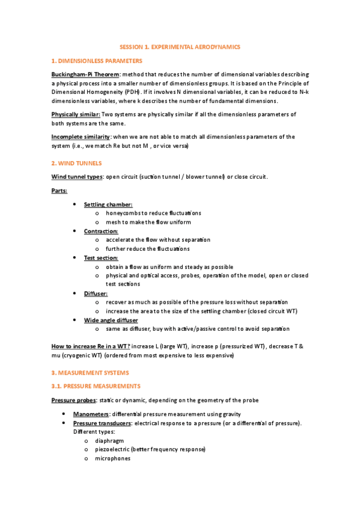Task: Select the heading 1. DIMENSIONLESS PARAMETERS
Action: tap(97, 61)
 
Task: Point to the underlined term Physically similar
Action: tap(75, 114)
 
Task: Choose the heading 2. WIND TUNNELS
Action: tap(76, 163)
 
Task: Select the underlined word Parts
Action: tap(59, 191)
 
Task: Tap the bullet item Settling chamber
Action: tap(108, 204)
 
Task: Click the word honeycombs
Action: tap(123, 213)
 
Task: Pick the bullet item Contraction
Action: tap(101, 231)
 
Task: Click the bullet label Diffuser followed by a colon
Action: tap(96, 293)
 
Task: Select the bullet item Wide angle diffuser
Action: tap(111, 320)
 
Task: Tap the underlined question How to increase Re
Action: tap(90, 347)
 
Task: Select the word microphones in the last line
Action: tap(112, 458)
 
